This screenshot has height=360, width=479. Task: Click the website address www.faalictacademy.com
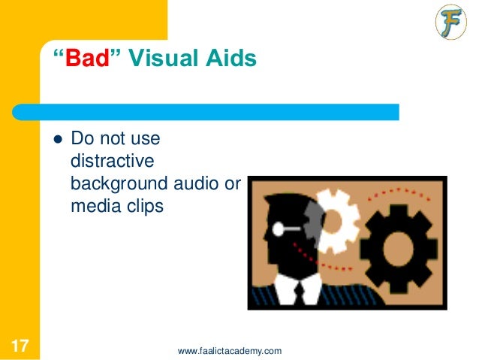point(230,350)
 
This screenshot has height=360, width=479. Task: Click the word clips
point(142,204)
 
